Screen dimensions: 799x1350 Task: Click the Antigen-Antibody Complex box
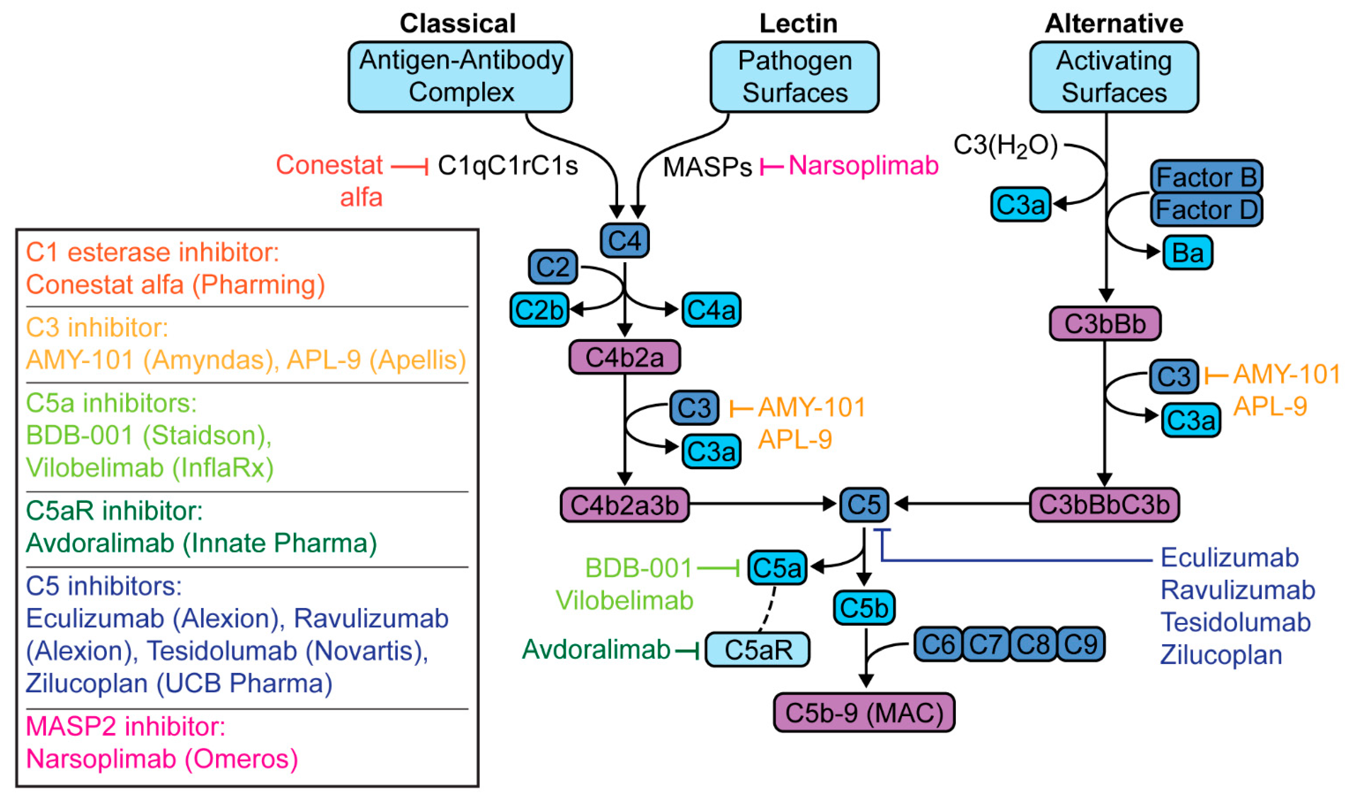coord(460,76)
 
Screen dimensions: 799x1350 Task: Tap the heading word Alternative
coord(1114,24)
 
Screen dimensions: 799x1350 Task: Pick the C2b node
coord(539,309)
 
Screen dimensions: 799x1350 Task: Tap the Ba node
coord(1187,253)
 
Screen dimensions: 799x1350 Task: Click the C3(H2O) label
coord(1005,146)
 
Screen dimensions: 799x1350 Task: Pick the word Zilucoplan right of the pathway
coord(1221,655)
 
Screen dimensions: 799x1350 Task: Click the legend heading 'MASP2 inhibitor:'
coord(126,726)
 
